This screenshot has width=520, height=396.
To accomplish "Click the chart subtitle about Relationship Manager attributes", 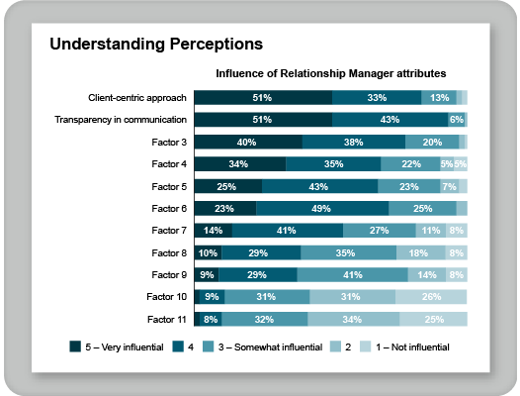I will point(331,73).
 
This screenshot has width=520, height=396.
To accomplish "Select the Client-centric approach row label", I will point(137,97).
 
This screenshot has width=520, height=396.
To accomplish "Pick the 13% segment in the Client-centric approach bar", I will point(439,97).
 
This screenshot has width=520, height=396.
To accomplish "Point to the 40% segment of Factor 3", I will point(247,142).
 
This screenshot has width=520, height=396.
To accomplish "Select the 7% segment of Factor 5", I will point(449,186).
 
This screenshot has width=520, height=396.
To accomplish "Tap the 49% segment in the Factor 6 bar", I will point(322,208).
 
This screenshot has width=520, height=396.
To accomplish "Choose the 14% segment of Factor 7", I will point(213,230).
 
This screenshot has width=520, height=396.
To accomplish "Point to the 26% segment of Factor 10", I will point(431,296).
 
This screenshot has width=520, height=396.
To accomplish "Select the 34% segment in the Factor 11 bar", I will point(353,319).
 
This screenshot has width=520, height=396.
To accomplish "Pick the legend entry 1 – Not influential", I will point(408,346).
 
